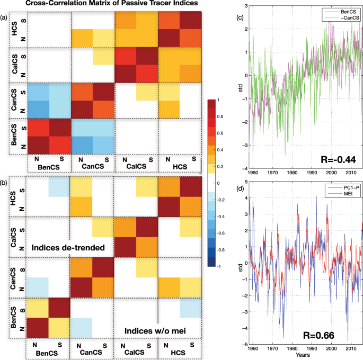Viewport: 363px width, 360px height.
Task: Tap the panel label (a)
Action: (4, 17)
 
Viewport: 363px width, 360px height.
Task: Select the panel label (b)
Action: (4, 183)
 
